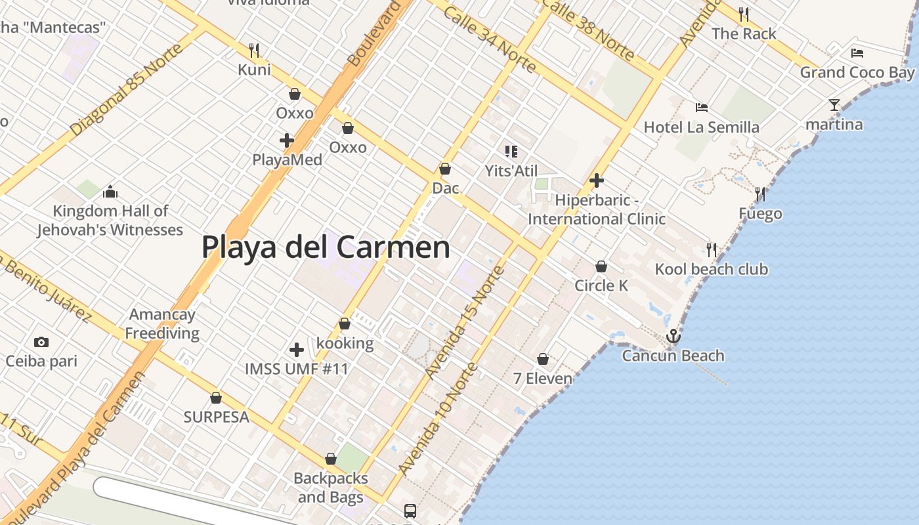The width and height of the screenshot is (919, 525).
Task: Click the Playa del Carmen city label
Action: tap(326, 247)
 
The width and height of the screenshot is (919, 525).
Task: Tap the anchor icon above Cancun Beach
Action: tap(673, 337)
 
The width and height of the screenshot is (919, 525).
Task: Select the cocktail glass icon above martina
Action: tap(834, 105)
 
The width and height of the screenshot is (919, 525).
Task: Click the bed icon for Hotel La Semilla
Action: tap(702, 107)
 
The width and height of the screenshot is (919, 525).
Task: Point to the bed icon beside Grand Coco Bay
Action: tap(857, 52)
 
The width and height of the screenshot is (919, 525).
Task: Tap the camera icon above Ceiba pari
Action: tap(41, 342)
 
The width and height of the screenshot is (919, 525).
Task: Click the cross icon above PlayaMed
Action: tap(287, 140)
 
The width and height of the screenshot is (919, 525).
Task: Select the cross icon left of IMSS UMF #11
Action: tap(297, 349)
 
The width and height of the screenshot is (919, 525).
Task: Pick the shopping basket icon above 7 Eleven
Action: tap(543, 359)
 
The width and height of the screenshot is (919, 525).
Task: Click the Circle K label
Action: tap(601, 285)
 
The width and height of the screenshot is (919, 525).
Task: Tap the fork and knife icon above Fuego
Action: tap(760, 194)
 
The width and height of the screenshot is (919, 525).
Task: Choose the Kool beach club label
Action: tap(711, 269)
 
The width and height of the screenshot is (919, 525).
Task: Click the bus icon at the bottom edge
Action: tap(410, 511)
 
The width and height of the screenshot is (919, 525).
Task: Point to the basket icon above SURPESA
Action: tap(216, 398)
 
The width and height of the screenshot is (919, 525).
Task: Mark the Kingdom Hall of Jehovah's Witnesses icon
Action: tap(110, 192)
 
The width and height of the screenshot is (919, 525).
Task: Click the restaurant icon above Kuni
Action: tap(254, 50)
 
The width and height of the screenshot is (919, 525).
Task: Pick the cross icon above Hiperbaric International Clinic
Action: tap(597, 180)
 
